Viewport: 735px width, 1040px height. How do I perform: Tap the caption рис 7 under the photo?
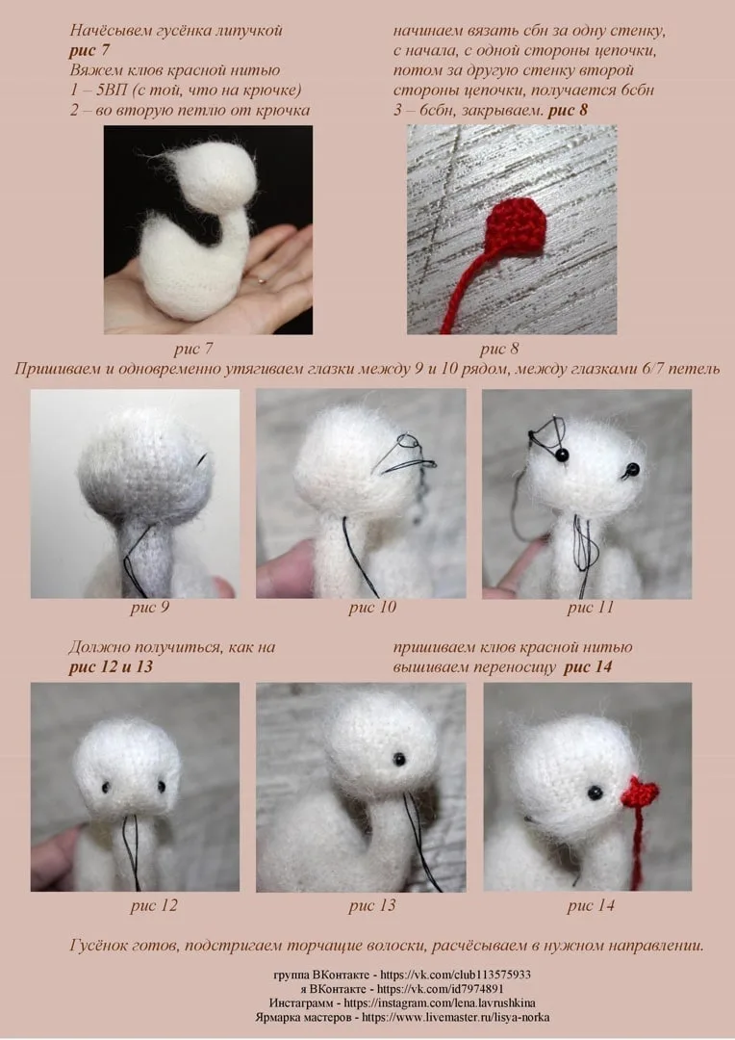[193, 349]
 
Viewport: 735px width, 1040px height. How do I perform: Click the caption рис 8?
[499, 349]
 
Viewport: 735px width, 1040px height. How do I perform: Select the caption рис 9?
[150, 608]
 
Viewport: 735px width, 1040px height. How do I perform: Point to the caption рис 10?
[372, 608]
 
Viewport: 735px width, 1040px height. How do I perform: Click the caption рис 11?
[591, 608]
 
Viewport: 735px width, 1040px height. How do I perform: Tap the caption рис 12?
[154, 906]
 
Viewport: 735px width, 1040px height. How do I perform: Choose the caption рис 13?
[372, 906]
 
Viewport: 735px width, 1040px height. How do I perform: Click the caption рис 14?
[591, 906]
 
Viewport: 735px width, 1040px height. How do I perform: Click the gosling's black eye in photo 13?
[399, 760]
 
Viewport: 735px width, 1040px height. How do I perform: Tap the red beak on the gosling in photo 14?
[640, 792]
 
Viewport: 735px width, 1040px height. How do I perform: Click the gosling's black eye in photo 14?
[596, 792]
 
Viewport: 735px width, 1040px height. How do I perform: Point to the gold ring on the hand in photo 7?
[263, 280]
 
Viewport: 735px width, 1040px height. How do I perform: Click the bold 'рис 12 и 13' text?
[111, 667]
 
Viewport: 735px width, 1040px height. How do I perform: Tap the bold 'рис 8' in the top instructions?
[568, 110]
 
